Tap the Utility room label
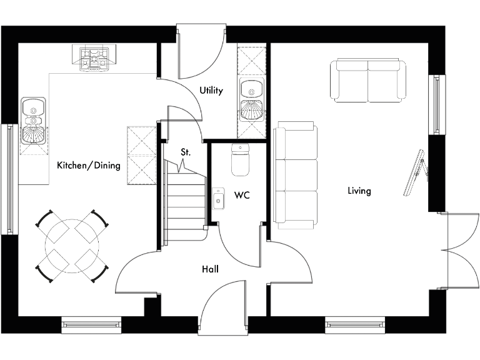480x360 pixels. [211, 91]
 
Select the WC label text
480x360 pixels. [242, 196]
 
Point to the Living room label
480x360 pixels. [359, 191]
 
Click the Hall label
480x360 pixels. [210, 269]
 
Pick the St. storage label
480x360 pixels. [186, 152]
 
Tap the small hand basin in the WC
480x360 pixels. [217, 199]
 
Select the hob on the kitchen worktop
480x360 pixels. [91, 57]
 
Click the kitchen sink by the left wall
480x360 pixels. [33, 121]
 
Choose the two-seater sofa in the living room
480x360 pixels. [368, 81]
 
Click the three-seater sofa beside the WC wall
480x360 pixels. [296, 176]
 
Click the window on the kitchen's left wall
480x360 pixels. [9, 178]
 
